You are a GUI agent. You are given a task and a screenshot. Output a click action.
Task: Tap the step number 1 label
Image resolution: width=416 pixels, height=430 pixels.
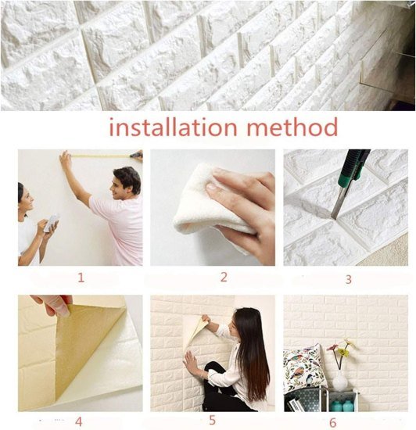point(81,277)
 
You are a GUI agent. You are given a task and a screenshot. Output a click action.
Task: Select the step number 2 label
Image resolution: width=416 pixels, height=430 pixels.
point(223,277)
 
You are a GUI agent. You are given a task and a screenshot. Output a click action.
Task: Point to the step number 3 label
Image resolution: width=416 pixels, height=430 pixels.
point(348,278)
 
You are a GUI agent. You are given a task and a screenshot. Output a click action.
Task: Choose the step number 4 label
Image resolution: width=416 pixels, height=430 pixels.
point(78,421)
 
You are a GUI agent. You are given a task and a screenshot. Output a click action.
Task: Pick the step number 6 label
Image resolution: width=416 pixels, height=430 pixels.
point(332,421)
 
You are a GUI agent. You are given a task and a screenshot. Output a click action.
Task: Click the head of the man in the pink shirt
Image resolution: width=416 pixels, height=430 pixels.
point(126,181)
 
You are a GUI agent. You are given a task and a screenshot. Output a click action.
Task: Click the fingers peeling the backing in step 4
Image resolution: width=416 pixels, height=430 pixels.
point(52,304)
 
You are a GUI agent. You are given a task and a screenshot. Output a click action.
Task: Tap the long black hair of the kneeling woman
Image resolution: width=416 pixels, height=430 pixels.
point(252,352)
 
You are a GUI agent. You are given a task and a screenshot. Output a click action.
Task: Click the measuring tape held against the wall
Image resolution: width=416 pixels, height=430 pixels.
point(102,156)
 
